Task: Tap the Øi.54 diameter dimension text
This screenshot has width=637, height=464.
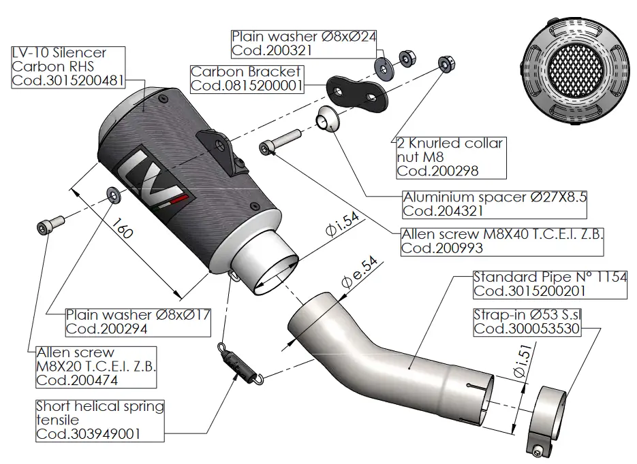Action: (x=343, y=225)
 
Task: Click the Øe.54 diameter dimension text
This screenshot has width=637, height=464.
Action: (x=360, y=272)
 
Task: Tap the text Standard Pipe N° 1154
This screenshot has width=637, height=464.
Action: (x=549, y=277)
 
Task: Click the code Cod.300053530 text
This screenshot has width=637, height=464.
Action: (x=526, y=329)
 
